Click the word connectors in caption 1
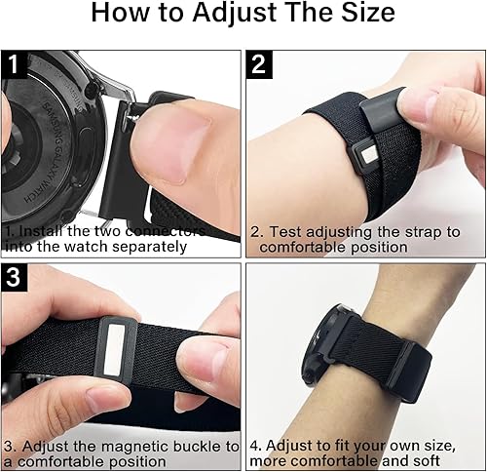pos(165,231)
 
